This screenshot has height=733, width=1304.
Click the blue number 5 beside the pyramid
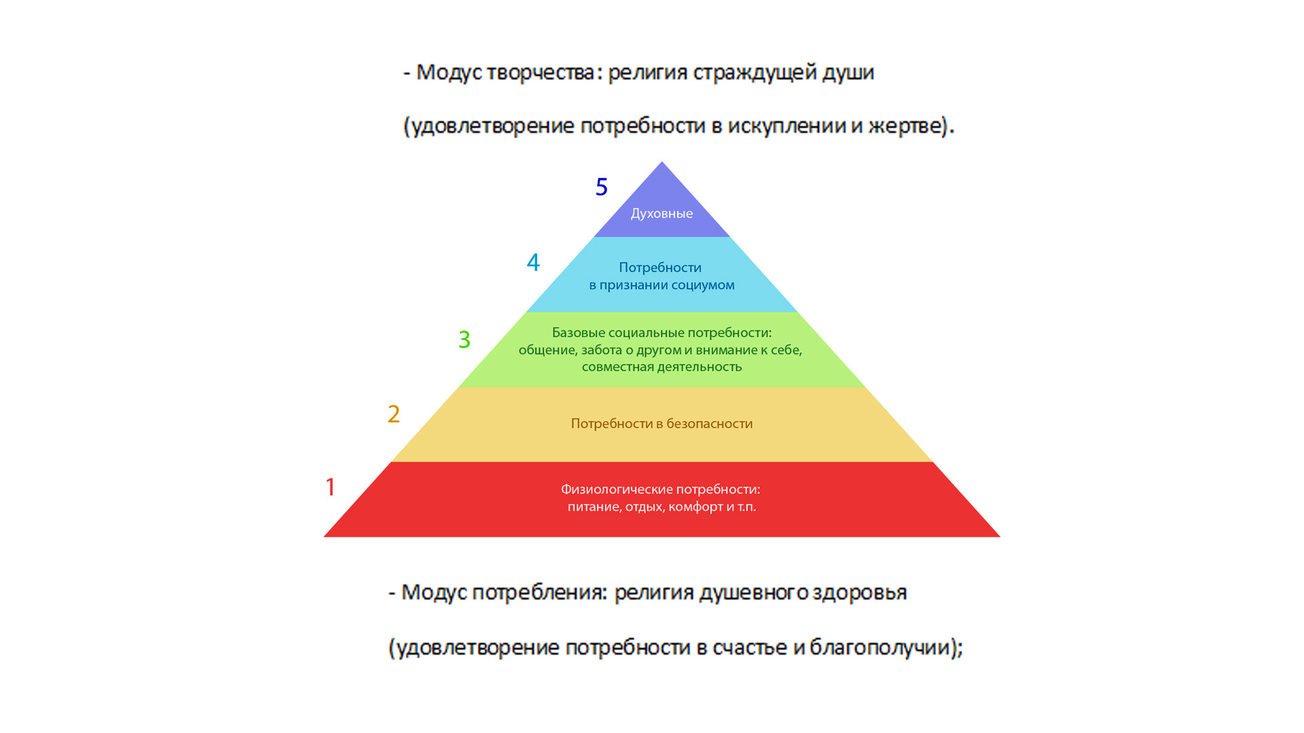(601, 187)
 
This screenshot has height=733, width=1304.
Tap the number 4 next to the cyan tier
(533, 263)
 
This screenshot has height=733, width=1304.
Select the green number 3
(465, 339)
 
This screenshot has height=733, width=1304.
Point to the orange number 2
(394, 414)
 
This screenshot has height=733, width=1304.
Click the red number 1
(331, 487)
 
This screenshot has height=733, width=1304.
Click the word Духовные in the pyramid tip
(662, 214)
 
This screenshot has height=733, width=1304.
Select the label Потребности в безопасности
(662, 424)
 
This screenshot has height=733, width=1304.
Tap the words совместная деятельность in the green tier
(662, 366)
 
